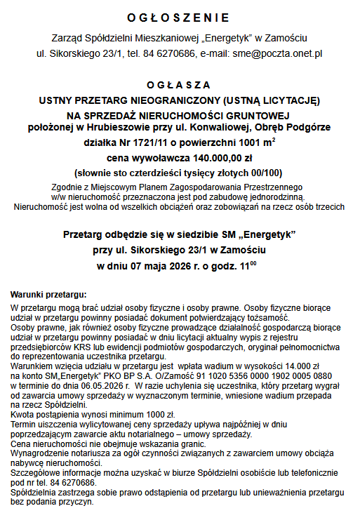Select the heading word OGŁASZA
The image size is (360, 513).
click(179, 84)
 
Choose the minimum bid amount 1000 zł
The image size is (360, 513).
click(145, 415)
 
